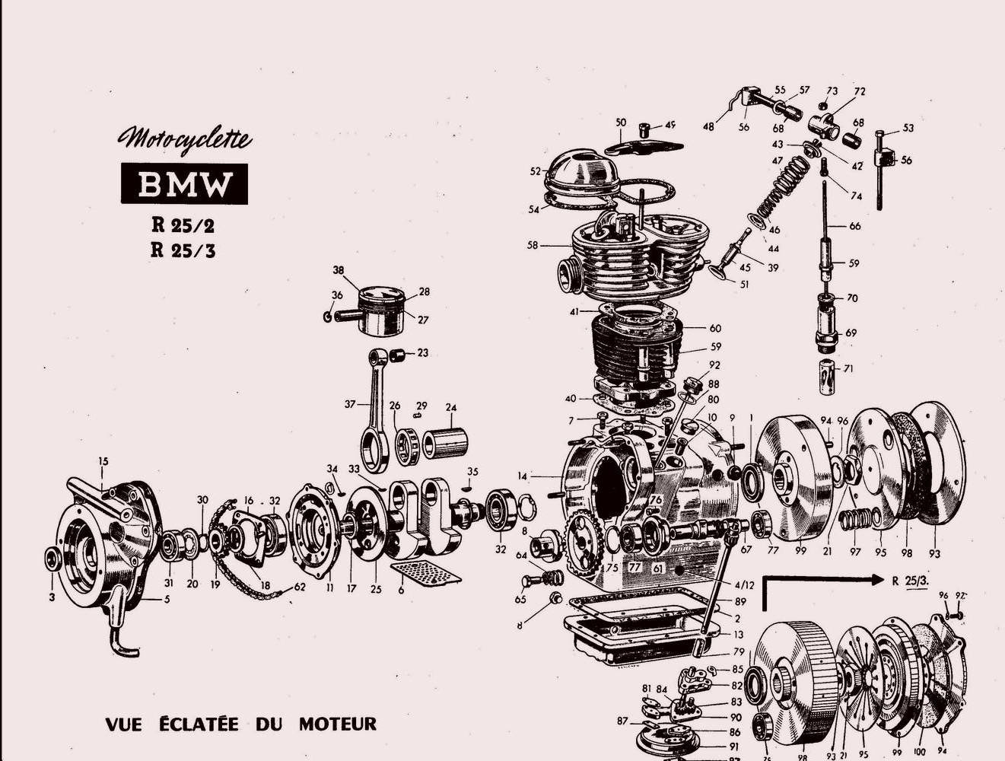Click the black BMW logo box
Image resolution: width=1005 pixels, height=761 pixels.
(x=184, y=184)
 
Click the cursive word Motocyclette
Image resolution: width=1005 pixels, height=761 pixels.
(x=184, y=139)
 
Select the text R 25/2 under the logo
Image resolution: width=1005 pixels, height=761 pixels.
(x=183, y=226)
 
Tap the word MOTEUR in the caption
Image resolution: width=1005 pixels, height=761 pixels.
(x=337, y=723)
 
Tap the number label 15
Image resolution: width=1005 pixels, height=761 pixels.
(x=103, y=461)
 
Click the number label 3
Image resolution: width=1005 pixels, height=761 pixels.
(x=52, y=598)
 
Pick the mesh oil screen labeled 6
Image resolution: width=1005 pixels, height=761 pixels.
(x=425, y=575)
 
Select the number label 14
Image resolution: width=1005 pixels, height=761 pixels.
(x=522, y=476)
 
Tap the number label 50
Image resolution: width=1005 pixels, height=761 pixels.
(x=621, y=122)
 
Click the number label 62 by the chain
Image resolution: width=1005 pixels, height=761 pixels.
(x=300, y=587)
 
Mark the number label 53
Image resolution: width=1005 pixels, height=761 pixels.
(x=908, y=128)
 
